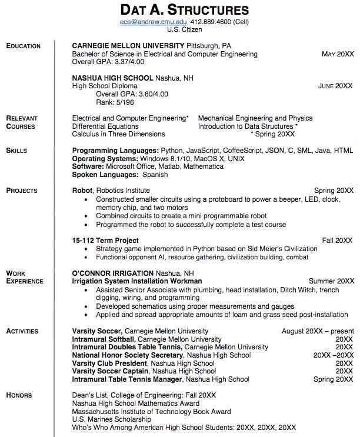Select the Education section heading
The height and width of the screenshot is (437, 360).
click(24, 46)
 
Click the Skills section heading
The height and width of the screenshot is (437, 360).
click(16, 151)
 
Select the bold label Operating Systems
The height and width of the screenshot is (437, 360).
click(105, 159)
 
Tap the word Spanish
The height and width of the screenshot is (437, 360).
click(155, 175)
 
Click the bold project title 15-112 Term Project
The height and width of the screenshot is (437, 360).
click(105, 241)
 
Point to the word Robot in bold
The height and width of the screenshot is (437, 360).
click(82, 191)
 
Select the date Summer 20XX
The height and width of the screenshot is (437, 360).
click(331, 282)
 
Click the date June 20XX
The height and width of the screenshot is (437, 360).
click(335, 86)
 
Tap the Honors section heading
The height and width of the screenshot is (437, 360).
click(19, 395)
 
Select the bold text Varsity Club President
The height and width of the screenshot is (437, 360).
click(110, 363)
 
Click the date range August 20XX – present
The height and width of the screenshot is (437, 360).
click(318, 332)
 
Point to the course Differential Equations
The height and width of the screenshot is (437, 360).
click(105, 126)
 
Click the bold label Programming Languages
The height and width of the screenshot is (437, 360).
click(115, 151)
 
